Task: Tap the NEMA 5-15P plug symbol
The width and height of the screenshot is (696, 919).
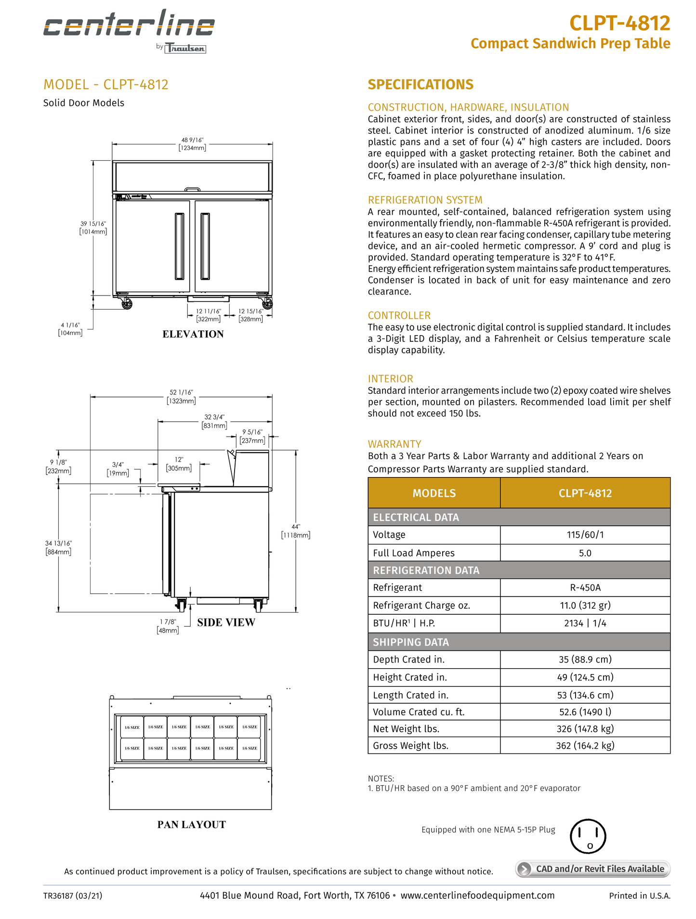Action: pyautogui.click(x=588, y=836)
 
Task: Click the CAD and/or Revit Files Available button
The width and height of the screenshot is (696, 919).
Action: pyautogui.click(x=593, y=868)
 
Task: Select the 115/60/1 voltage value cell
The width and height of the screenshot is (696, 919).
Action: pyautogui.click(x=585, y=535)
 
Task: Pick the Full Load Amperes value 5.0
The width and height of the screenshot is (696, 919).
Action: pyautogui.click(x=585, y=553)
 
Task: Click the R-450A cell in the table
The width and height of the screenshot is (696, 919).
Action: pyautogui.click(x=585, y=588)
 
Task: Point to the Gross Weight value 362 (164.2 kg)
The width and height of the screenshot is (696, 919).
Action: pyautogui.click(x=585, y=746)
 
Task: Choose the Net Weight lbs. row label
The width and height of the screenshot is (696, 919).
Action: pyautogui.click(x=406, y=729)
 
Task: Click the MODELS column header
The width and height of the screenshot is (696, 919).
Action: pyautogui.click(x=434, y=493)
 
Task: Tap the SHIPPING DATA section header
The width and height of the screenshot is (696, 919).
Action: pyautogui.click(x=411, y=642)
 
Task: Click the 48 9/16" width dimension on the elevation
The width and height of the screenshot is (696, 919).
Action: pyautogui.click(x=192, y=144)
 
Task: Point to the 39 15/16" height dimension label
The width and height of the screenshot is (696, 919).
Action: pyautogui.click(x=93, y=228)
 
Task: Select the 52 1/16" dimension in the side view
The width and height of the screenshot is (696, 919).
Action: pyautogui.click(x=181, y=397)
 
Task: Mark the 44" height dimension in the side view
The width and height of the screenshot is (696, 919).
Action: pyautogui.click(x=296, y=531)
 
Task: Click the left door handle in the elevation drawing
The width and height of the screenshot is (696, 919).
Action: pyautogui.click(x=180, y=246)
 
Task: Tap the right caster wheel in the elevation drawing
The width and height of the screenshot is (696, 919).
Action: pyautogui.click(x=267, y=304)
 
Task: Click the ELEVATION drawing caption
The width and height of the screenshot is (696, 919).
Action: pyautogui.click(x=193, y=334)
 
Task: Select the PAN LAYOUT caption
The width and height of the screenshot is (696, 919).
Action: pyautogui.click(x=191, y=825)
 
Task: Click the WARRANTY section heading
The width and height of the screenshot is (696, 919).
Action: pyautogui.click(x=394, y=444)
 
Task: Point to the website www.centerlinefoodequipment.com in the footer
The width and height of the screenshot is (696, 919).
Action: pyautogui.click(x=477, y=895)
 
